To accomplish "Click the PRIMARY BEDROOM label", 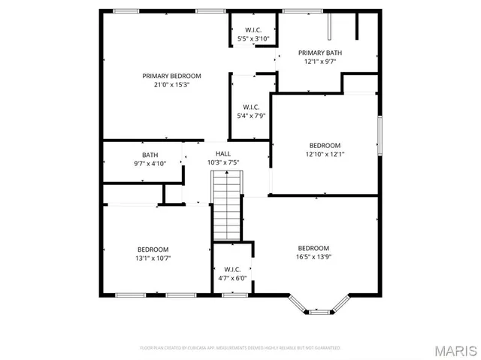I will pos(172,76).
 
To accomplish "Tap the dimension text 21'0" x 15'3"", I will pos(172,85).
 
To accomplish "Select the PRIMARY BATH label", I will pos(320,53).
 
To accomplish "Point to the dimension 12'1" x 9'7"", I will pos(320,62).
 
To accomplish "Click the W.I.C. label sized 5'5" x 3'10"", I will pos(252,29).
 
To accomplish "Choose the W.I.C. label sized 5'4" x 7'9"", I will pos(251,107).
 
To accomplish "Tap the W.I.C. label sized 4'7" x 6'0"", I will pos(232,269).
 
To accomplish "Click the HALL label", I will pos(223,153).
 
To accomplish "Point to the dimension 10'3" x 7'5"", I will pos(223,162).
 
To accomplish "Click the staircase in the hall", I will pos(226,204).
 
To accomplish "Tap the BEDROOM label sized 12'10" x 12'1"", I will pos(325,145).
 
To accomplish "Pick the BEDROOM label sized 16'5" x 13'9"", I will pos(313,249).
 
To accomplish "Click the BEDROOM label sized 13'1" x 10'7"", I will pos(153,250).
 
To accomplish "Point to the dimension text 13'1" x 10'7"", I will pos(153,259).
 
